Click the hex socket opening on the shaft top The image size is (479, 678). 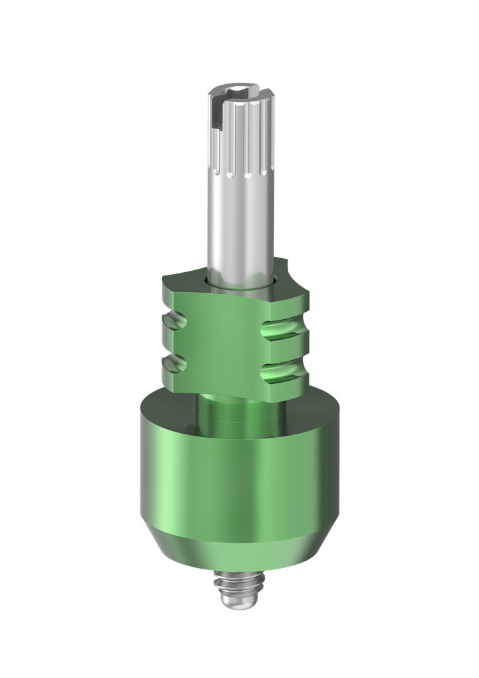pyautogui.click(x=241, y=89)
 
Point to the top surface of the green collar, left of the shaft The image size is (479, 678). pyautogui.click(x=182, y=278)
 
